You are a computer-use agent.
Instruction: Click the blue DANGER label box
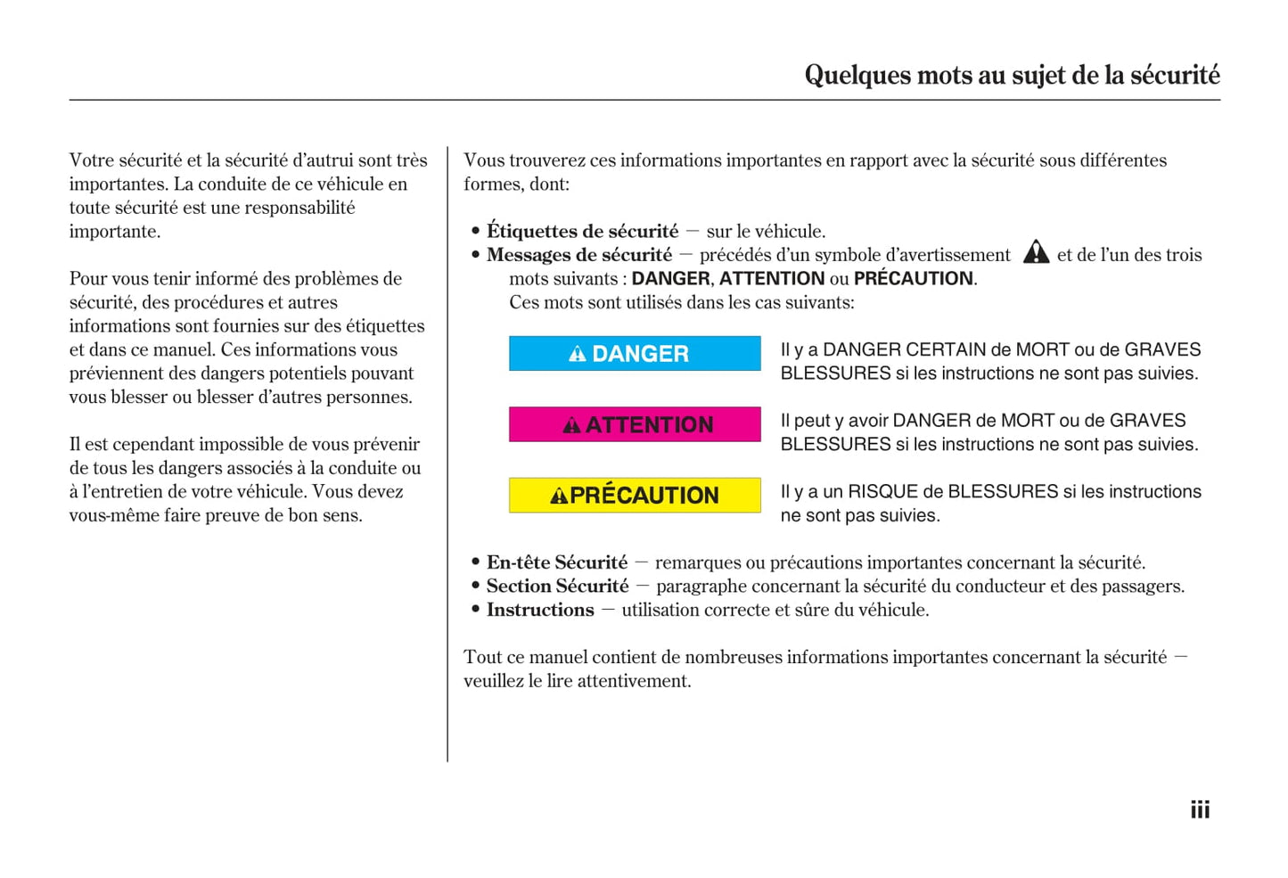coord(635,354)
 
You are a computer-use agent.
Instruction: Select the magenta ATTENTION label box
coord(635,424)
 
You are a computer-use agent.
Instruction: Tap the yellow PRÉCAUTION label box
coord(635,496)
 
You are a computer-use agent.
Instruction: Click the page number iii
coord(1200,810)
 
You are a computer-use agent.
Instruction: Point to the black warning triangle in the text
coord(1036,253)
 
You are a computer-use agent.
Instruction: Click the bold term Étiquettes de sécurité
coord(582,232)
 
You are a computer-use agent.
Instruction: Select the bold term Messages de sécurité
coord(579,255)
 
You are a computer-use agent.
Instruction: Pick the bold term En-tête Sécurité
coord(557,562)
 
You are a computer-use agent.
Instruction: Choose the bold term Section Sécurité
coord(557,587)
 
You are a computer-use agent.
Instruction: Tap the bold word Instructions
coord(540,611)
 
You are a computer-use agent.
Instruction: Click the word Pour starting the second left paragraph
coord(86,279)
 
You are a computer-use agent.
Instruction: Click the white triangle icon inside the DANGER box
coord(578,355)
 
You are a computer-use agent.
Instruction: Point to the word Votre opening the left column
coord(92,160)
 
